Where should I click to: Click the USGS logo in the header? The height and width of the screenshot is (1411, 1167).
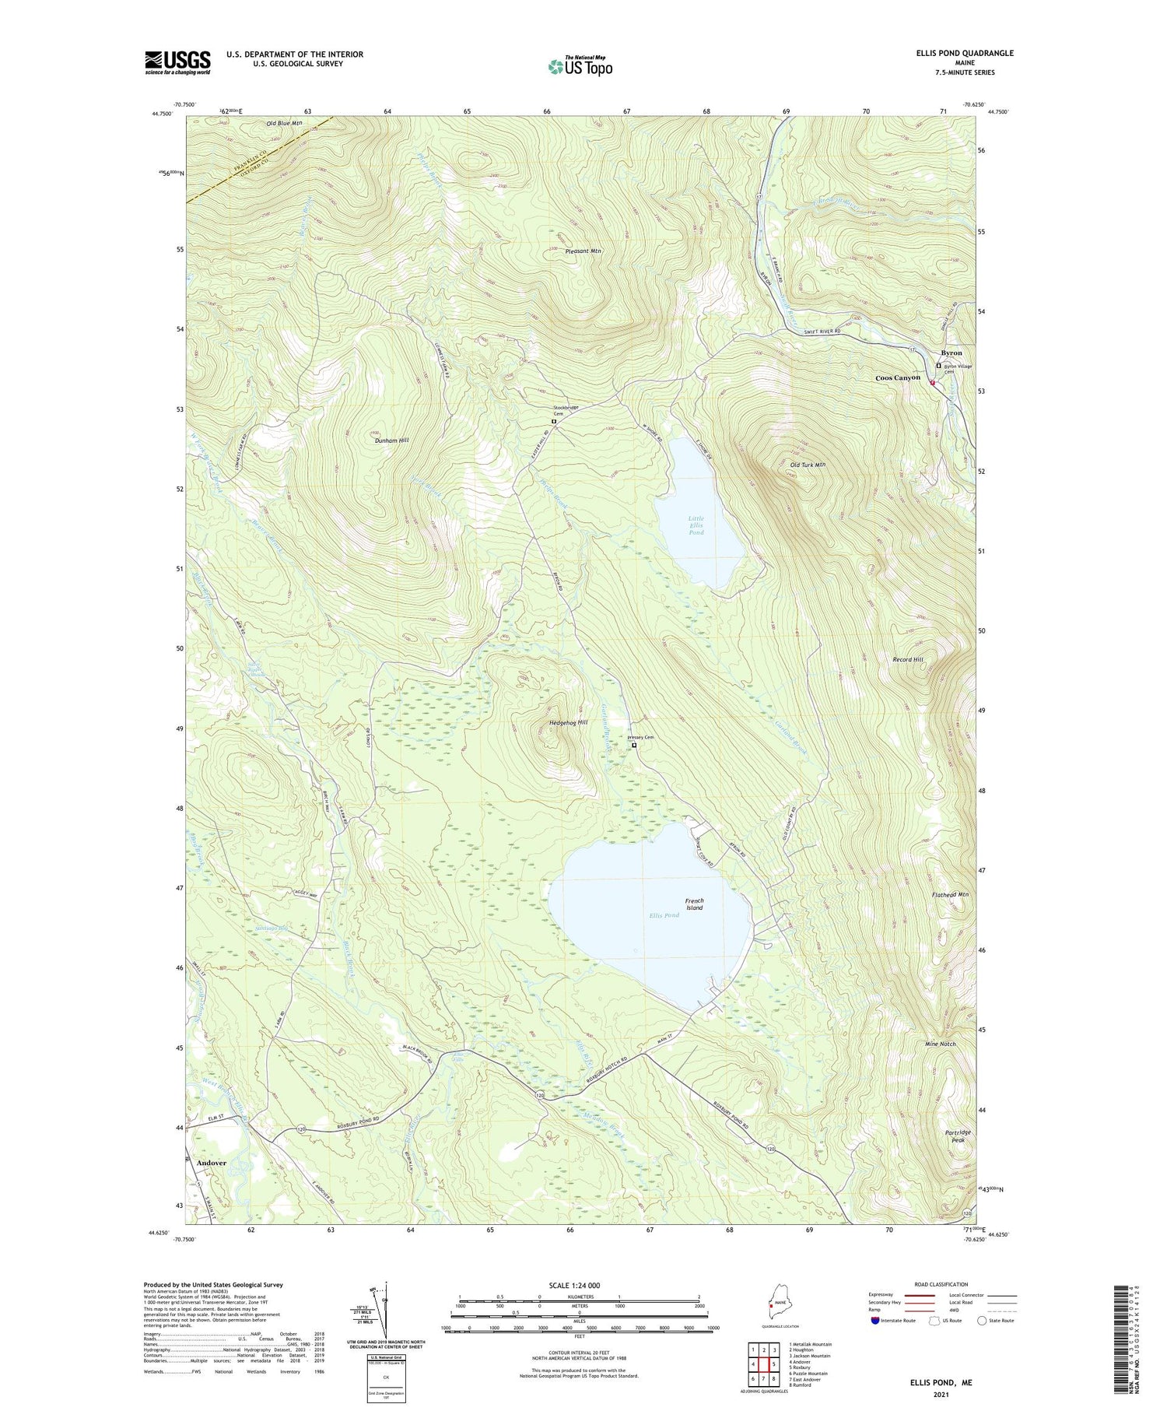(177, 62)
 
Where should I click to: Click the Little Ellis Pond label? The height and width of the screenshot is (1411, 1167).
(696, 525)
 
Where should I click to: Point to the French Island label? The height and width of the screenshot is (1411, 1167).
(694, 904)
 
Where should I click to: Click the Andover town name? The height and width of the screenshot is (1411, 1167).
(211, 1163)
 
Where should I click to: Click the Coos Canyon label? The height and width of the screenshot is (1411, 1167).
(898, 377)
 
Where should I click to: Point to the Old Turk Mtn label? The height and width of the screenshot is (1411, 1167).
(807, 465)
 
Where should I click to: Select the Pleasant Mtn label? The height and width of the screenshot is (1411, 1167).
(583, 251)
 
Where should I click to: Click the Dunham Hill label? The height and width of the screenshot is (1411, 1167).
(391, 440)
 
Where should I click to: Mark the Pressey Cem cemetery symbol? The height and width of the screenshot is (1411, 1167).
(634, 745)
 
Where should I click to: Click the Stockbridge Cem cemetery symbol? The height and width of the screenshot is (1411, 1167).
(554, 421)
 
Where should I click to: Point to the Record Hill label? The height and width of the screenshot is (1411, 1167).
(907, 659)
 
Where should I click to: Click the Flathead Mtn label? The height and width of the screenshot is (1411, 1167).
(950, 895)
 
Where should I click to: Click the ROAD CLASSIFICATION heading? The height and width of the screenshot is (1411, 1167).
(941, 1284)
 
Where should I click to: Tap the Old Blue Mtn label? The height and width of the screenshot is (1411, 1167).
(284, 123)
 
